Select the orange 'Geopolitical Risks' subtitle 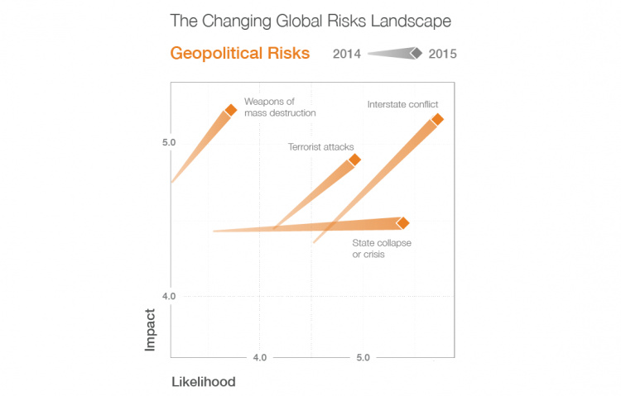239,54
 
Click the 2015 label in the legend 443,55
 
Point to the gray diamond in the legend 416,55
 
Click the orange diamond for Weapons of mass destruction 231,109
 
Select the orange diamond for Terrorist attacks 354,160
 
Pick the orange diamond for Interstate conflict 437,120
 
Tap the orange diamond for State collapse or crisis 402,223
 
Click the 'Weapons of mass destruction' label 279,107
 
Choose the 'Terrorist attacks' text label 320,146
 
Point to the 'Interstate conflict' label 402,104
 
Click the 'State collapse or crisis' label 382,249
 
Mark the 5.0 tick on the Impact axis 169,143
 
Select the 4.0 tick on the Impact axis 169,296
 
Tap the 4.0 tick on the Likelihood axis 259,358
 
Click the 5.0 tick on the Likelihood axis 363,358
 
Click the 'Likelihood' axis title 203,382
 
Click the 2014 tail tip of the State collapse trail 214,231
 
